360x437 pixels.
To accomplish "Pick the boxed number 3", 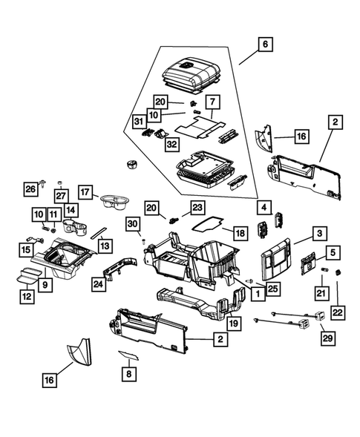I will coord(318,234).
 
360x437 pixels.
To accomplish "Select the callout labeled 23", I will coord(197,208).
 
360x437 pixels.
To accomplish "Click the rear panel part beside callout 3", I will coord(281,257).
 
